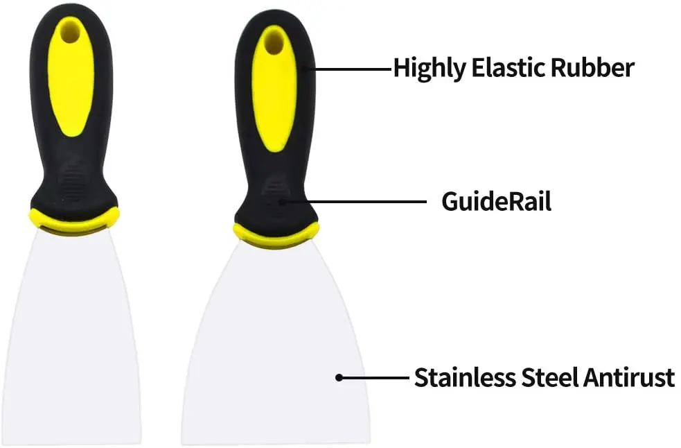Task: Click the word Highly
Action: [426, 69]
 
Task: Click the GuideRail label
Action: [497, 202]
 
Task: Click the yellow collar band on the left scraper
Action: [73, 221]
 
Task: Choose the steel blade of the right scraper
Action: [276, 354]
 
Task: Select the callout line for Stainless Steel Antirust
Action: [374, 378]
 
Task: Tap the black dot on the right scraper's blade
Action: [339, 378]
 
